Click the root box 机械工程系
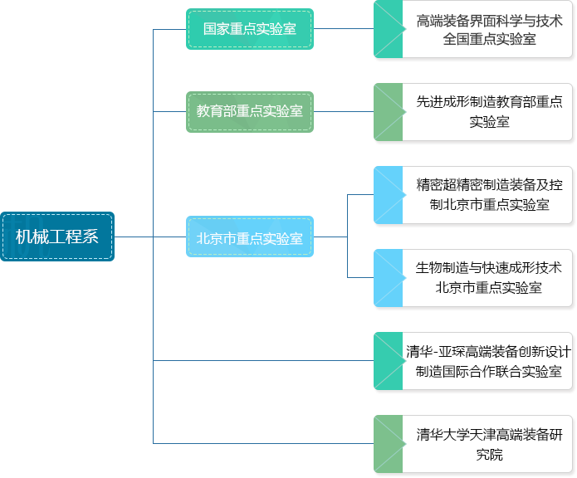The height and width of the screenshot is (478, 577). pyautogui.click(x=57, y=237)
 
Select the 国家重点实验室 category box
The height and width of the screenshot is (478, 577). pyautogui.click(x=250, y=29)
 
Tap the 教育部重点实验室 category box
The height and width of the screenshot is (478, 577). pyautogui.click(x=250, y=112)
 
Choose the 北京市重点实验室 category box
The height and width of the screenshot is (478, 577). pyautogui.click(x=250, y=237)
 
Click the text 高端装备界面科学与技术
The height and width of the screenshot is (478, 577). pyautogui.click(x=489, y=21)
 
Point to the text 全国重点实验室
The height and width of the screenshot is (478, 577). pyautogui.click(x=489, y=39)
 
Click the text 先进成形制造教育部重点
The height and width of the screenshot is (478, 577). pyautogui.click(x=489, y=102)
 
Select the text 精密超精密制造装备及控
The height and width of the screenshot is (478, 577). pyautogui.click(x=489, y=184)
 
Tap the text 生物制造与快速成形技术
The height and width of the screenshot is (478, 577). pyautogui.click(x=489, y=268)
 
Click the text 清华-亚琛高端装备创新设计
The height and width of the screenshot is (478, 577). pyautogui.click(x=489, y=352)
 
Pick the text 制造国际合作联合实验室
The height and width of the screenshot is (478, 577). pyautogui.click(x=489, y=372)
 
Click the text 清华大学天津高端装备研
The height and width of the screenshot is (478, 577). pyautogui.click(x=489, y=435)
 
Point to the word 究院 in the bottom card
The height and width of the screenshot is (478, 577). pyautogui.click(x=489, y=455)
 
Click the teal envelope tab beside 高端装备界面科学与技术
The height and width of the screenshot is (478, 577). pyautogui.click(x=389, y=29)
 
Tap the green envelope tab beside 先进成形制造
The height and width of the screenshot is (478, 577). pyautogui.click(x=389, y=112)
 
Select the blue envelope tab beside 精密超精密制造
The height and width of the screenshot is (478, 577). pyautogui.click(x=389, y=195)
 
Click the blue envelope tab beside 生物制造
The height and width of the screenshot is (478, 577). pyautogui.click(x=389, y=278)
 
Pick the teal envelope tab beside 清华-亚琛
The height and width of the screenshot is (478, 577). pyautogui.click(x=389, y=361)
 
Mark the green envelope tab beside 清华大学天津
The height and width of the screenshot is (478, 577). pyautogui.click(x=389, y=444)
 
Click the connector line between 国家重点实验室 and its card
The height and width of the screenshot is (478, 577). pyautogui.click(x=344, y=29)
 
